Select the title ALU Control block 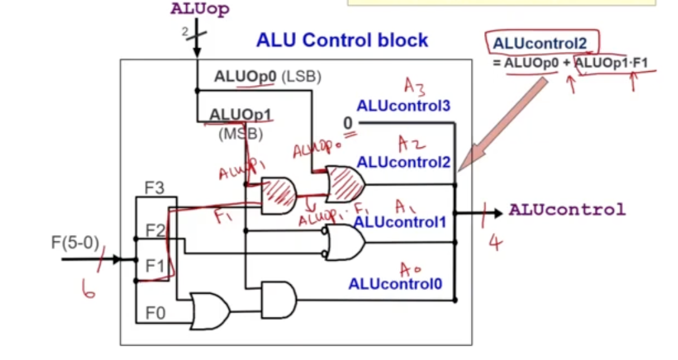tap(342, 41)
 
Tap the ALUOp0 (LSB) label tap(267, 77)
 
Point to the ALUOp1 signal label tap(240, 116)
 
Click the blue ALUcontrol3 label tap(403, 106)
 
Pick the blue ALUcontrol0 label tap(395, 284)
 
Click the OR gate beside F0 tap(211, 310)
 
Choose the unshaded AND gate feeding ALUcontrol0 tap(278, 299)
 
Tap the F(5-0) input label tap(75, 241)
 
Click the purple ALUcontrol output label tap(567, 210)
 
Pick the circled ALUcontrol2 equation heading tap(540, 43)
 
